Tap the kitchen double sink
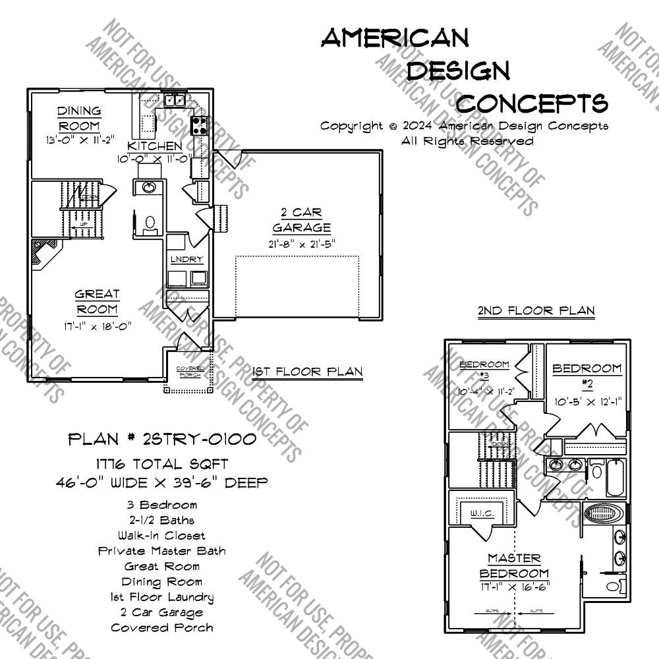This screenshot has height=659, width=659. pos(175,100)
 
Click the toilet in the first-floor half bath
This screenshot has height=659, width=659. pos(150,225)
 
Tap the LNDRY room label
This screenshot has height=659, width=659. pos(187,260)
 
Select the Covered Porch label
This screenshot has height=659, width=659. pos(188,372)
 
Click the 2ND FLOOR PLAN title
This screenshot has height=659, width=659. pos(536,310)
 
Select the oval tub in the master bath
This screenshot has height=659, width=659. pos(598,513)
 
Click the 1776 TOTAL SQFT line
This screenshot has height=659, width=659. pos(162,465)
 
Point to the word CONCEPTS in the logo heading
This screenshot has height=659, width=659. pos(532,103)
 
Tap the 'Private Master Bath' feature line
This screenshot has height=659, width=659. pos(162,551)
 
